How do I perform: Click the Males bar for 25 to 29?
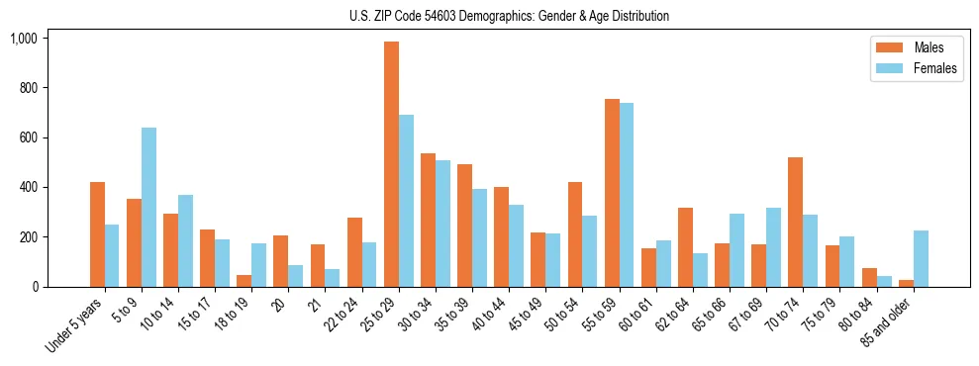pos(391,164)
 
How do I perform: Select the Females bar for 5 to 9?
pos(148,208)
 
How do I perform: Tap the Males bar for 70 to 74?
pos(796,223)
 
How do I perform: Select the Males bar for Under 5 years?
pos(97,234)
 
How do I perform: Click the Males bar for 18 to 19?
pos(245,281)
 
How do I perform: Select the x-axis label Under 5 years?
pos(76,326)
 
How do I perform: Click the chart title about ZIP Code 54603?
pos(509,16)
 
